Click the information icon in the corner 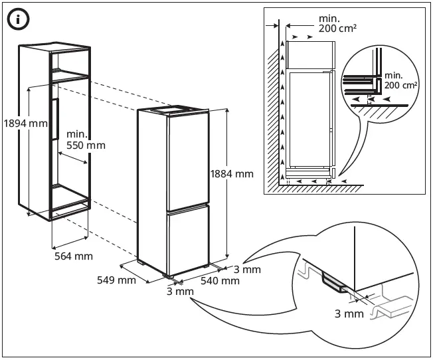[19, 20]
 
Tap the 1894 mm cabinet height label [25, 123]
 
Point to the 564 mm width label [73, 256]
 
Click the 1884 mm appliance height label [232, 174]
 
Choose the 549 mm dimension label [117, 280]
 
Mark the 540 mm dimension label [220, 281]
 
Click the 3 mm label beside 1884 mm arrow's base [246, 269]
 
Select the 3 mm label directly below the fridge [181, 292]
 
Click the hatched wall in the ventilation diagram [272, 120]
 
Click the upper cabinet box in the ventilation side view [309, 53]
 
